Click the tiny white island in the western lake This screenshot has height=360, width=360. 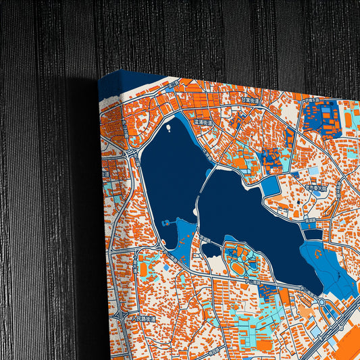167,126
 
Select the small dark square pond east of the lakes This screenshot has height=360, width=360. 312,234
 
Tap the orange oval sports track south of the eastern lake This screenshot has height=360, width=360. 237,267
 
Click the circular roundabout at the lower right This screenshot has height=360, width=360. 322,302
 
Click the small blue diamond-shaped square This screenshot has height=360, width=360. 270,186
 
